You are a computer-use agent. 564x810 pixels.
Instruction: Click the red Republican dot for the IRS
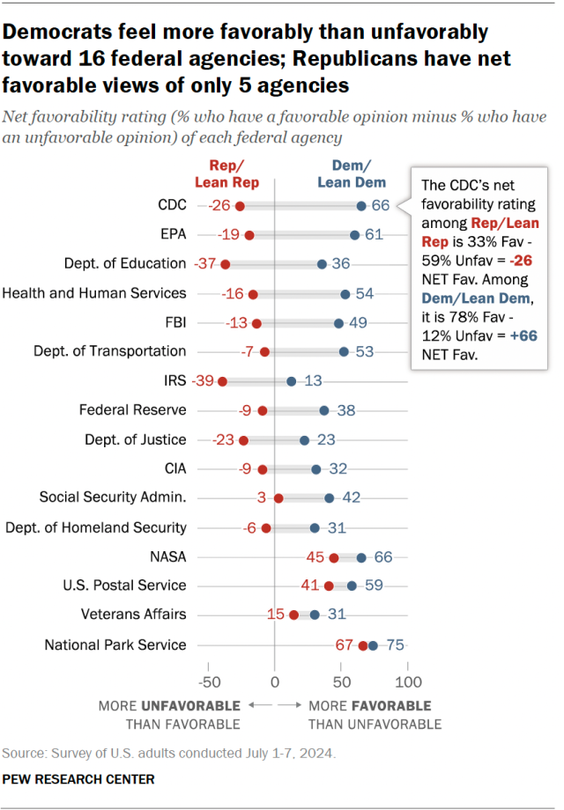pos(222,381)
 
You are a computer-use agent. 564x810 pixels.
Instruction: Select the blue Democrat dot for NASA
pos(361,557)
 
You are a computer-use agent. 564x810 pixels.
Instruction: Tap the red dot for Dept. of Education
pos(226,264)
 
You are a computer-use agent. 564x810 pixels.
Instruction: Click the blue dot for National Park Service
pos(373,645)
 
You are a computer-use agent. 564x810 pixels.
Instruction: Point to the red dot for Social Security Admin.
pos(278,498)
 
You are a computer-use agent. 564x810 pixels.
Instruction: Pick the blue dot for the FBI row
pos(339,323)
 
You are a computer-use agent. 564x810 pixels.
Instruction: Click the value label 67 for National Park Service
pos(345,645)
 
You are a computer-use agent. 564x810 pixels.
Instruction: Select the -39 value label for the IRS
pos(204,381)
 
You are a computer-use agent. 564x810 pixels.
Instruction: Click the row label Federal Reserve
pos(132,410)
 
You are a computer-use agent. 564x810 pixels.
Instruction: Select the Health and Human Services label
pos(95,293)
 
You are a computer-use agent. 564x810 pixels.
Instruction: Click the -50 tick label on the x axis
pos(208,682)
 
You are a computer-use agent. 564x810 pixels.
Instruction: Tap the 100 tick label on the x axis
pos(407,682)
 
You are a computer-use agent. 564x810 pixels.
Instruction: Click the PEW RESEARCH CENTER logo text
pos(78,779)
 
